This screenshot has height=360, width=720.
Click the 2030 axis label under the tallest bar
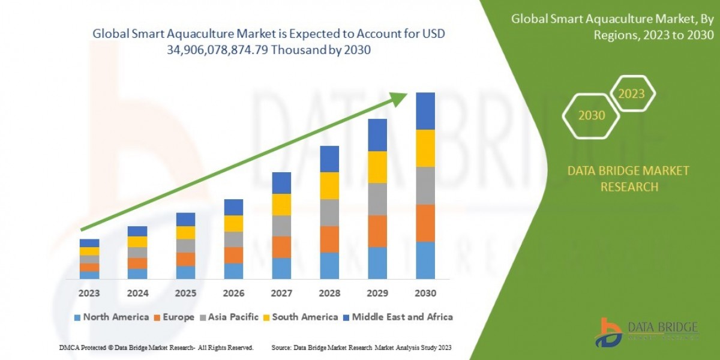click(x=425, y=294)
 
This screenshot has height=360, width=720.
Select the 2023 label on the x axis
click(x=89, y=294)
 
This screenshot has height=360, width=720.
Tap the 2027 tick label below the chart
click(x=281, y=294)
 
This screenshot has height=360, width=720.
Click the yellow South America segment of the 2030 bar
click(x=425, y=148)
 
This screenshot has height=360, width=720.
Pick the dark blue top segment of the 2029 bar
click(x=377, y=135)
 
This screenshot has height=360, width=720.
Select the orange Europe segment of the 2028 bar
click(x=329, y=239)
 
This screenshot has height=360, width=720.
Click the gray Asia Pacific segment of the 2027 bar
click(x=281, y=226)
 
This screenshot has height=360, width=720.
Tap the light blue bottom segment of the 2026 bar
click(x=233, y=271)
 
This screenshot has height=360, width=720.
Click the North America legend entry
click(x=111, y=317)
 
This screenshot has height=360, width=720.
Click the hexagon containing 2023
click(x=631, y=94)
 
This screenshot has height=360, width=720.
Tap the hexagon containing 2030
click(x=592, y=115)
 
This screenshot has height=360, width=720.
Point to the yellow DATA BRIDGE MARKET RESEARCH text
click(x=628, y=179)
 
